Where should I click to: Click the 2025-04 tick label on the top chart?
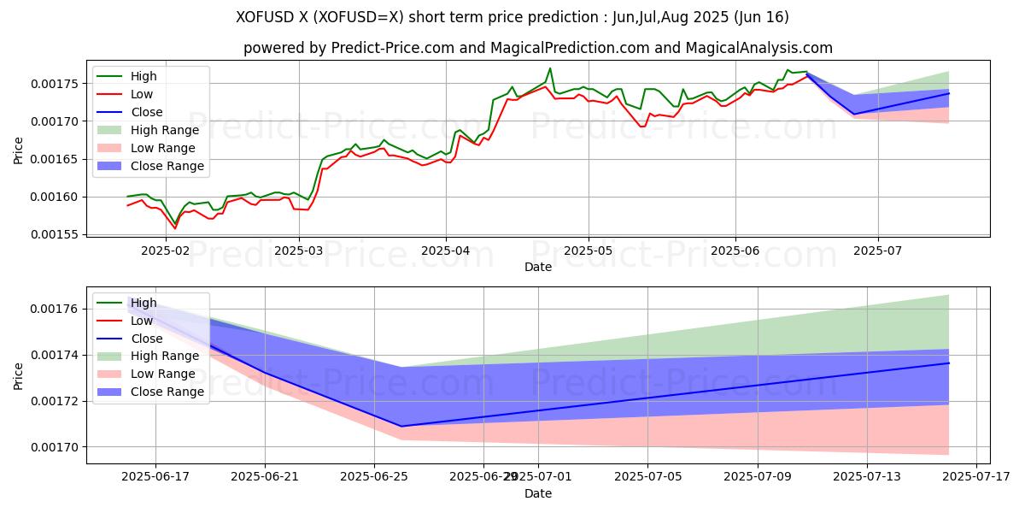point(445,251)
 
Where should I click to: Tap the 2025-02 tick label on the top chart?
point(165,251)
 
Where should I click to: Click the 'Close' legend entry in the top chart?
point(146,112)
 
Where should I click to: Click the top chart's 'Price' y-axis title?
point(19,150)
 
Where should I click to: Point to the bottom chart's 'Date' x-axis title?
point(538,493)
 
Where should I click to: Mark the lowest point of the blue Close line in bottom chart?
point(401,426)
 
